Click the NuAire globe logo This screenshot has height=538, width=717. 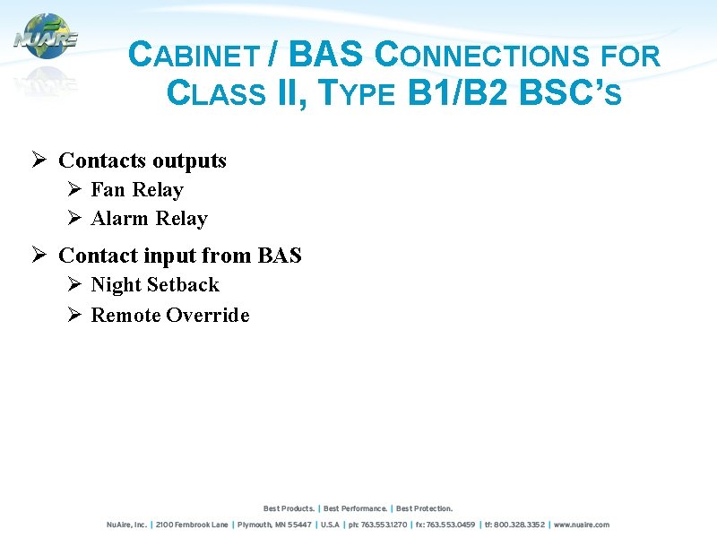click(x=46, y=38)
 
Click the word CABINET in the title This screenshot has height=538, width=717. click(x=193, y=56)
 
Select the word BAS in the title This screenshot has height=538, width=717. click(x=326, y=56)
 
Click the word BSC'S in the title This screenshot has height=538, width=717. click(x=570, y=92)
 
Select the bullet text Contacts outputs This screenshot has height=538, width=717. click(x=143, y=161)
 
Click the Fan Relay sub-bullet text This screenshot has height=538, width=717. click(x=136, y=190)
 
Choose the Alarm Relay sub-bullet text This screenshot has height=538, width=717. click(x=149, y=219)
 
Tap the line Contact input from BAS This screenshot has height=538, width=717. click(x=179, y=256)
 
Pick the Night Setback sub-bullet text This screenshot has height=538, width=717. click(x=155, y=285)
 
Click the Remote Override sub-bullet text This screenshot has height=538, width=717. click(x=170, y=315)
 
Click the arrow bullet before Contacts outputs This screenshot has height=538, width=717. click(x=39, y=161)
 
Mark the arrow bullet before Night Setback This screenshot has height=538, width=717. click(x=75, y=285)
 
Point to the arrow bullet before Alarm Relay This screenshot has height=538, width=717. click(x=75, y=219)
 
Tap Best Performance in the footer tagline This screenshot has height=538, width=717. click(x=355, y=508)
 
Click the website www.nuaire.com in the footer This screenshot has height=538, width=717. click(x=581, y=525)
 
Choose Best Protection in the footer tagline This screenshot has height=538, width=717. click(x=424, y=508)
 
